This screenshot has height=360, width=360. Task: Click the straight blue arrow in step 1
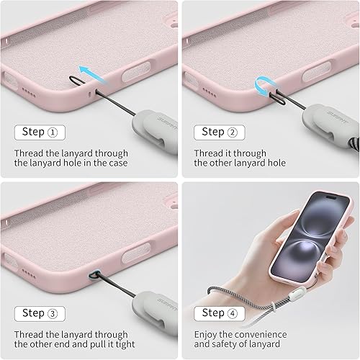(x=89, y=71)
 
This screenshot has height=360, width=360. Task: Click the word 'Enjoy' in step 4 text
(x=209, y=335)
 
